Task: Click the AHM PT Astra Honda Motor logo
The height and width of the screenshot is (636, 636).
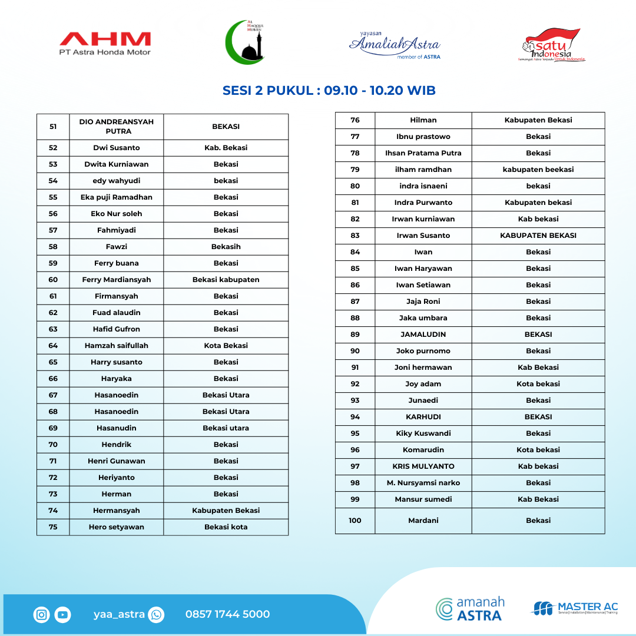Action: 105,44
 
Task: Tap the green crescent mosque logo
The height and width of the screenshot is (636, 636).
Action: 246,42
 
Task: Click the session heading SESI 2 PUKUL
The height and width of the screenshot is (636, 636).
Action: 329,91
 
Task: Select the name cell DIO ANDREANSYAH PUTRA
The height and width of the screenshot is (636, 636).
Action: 117,127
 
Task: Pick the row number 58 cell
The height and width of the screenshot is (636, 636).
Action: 53,247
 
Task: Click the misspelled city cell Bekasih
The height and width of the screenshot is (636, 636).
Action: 226,247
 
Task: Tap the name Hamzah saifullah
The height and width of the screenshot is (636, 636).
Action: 117,346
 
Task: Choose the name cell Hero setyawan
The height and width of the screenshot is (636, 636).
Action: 117,527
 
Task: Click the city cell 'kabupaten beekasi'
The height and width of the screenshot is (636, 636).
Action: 538,170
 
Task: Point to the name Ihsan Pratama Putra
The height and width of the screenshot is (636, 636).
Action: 423,153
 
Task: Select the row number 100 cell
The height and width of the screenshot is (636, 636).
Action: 355,521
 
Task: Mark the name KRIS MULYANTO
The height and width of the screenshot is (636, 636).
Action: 423,466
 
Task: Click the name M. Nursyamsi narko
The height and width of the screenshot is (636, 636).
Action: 423,483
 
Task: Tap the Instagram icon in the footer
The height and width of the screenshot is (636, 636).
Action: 42,615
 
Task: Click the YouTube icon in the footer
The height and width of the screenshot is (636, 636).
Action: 62,615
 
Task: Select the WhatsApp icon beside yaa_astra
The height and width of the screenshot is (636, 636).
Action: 156,615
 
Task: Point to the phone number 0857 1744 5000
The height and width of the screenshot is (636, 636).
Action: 227,614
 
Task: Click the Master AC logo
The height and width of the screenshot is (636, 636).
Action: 575,608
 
